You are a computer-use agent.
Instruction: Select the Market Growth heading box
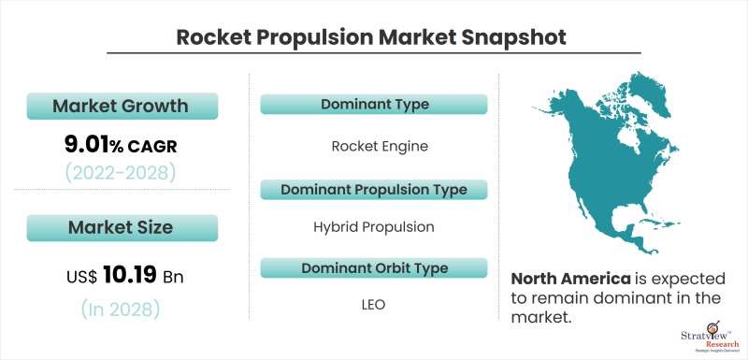point(122,106)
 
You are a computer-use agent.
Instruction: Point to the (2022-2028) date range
point(122,172)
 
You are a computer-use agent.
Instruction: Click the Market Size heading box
point(122,227)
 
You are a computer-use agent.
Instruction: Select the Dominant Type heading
point(374,105)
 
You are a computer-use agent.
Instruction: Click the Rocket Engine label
point(374,147)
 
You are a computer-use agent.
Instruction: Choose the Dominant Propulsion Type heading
point(374,189)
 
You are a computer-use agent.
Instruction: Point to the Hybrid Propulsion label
point(374,226)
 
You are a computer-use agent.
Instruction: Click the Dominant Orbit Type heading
point(374,268)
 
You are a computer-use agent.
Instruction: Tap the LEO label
point(374,305)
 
